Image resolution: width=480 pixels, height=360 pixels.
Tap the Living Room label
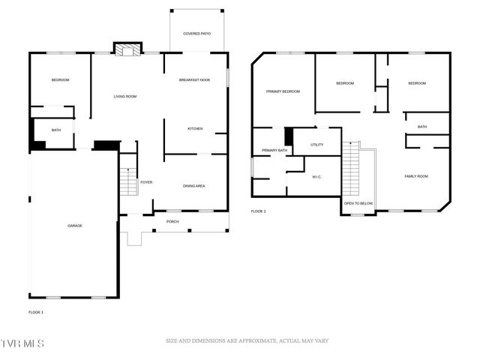[x=124, y=97]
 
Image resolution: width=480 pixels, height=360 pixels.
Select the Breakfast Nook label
[x=193, y=80]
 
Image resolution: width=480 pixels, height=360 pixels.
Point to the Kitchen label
[x=195, y=129]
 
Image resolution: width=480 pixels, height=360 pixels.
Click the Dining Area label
[x=194, y=186]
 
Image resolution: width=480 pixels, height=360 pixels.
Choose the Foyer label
[x=146, y=182]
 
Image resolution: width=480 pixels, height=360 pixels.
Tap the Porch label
[x=172, y=221]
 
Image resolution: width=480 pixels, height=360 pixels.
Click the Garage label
[x=74, y=226]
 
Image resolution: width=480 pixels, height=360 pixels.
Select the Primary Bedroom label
[x=283, y=91]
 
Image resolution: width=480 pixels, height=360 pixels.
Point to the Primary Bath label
[x=274, y=151]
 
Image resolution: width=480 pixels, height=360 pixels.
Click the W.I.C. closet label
[x=316, y=177]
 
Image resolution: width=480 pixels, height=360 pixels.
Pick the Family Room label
[x=415, y=176]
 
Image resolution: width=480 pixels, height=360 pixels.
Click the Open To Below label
[x=358, y=203]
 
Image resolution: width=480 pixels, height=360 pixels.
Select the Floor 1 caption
[x=36, y=311]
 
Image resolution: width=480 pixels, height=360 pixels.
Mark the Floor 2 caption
[x=259, y=211]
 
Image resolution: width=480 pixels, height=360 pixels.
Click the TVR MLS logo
[x=22, y=343]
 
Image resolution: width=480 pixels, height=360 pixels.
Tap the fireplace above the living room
[x=127, y=49]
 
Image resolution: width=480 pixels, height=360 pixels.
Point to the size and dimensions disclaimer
[x=247, y=341]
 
